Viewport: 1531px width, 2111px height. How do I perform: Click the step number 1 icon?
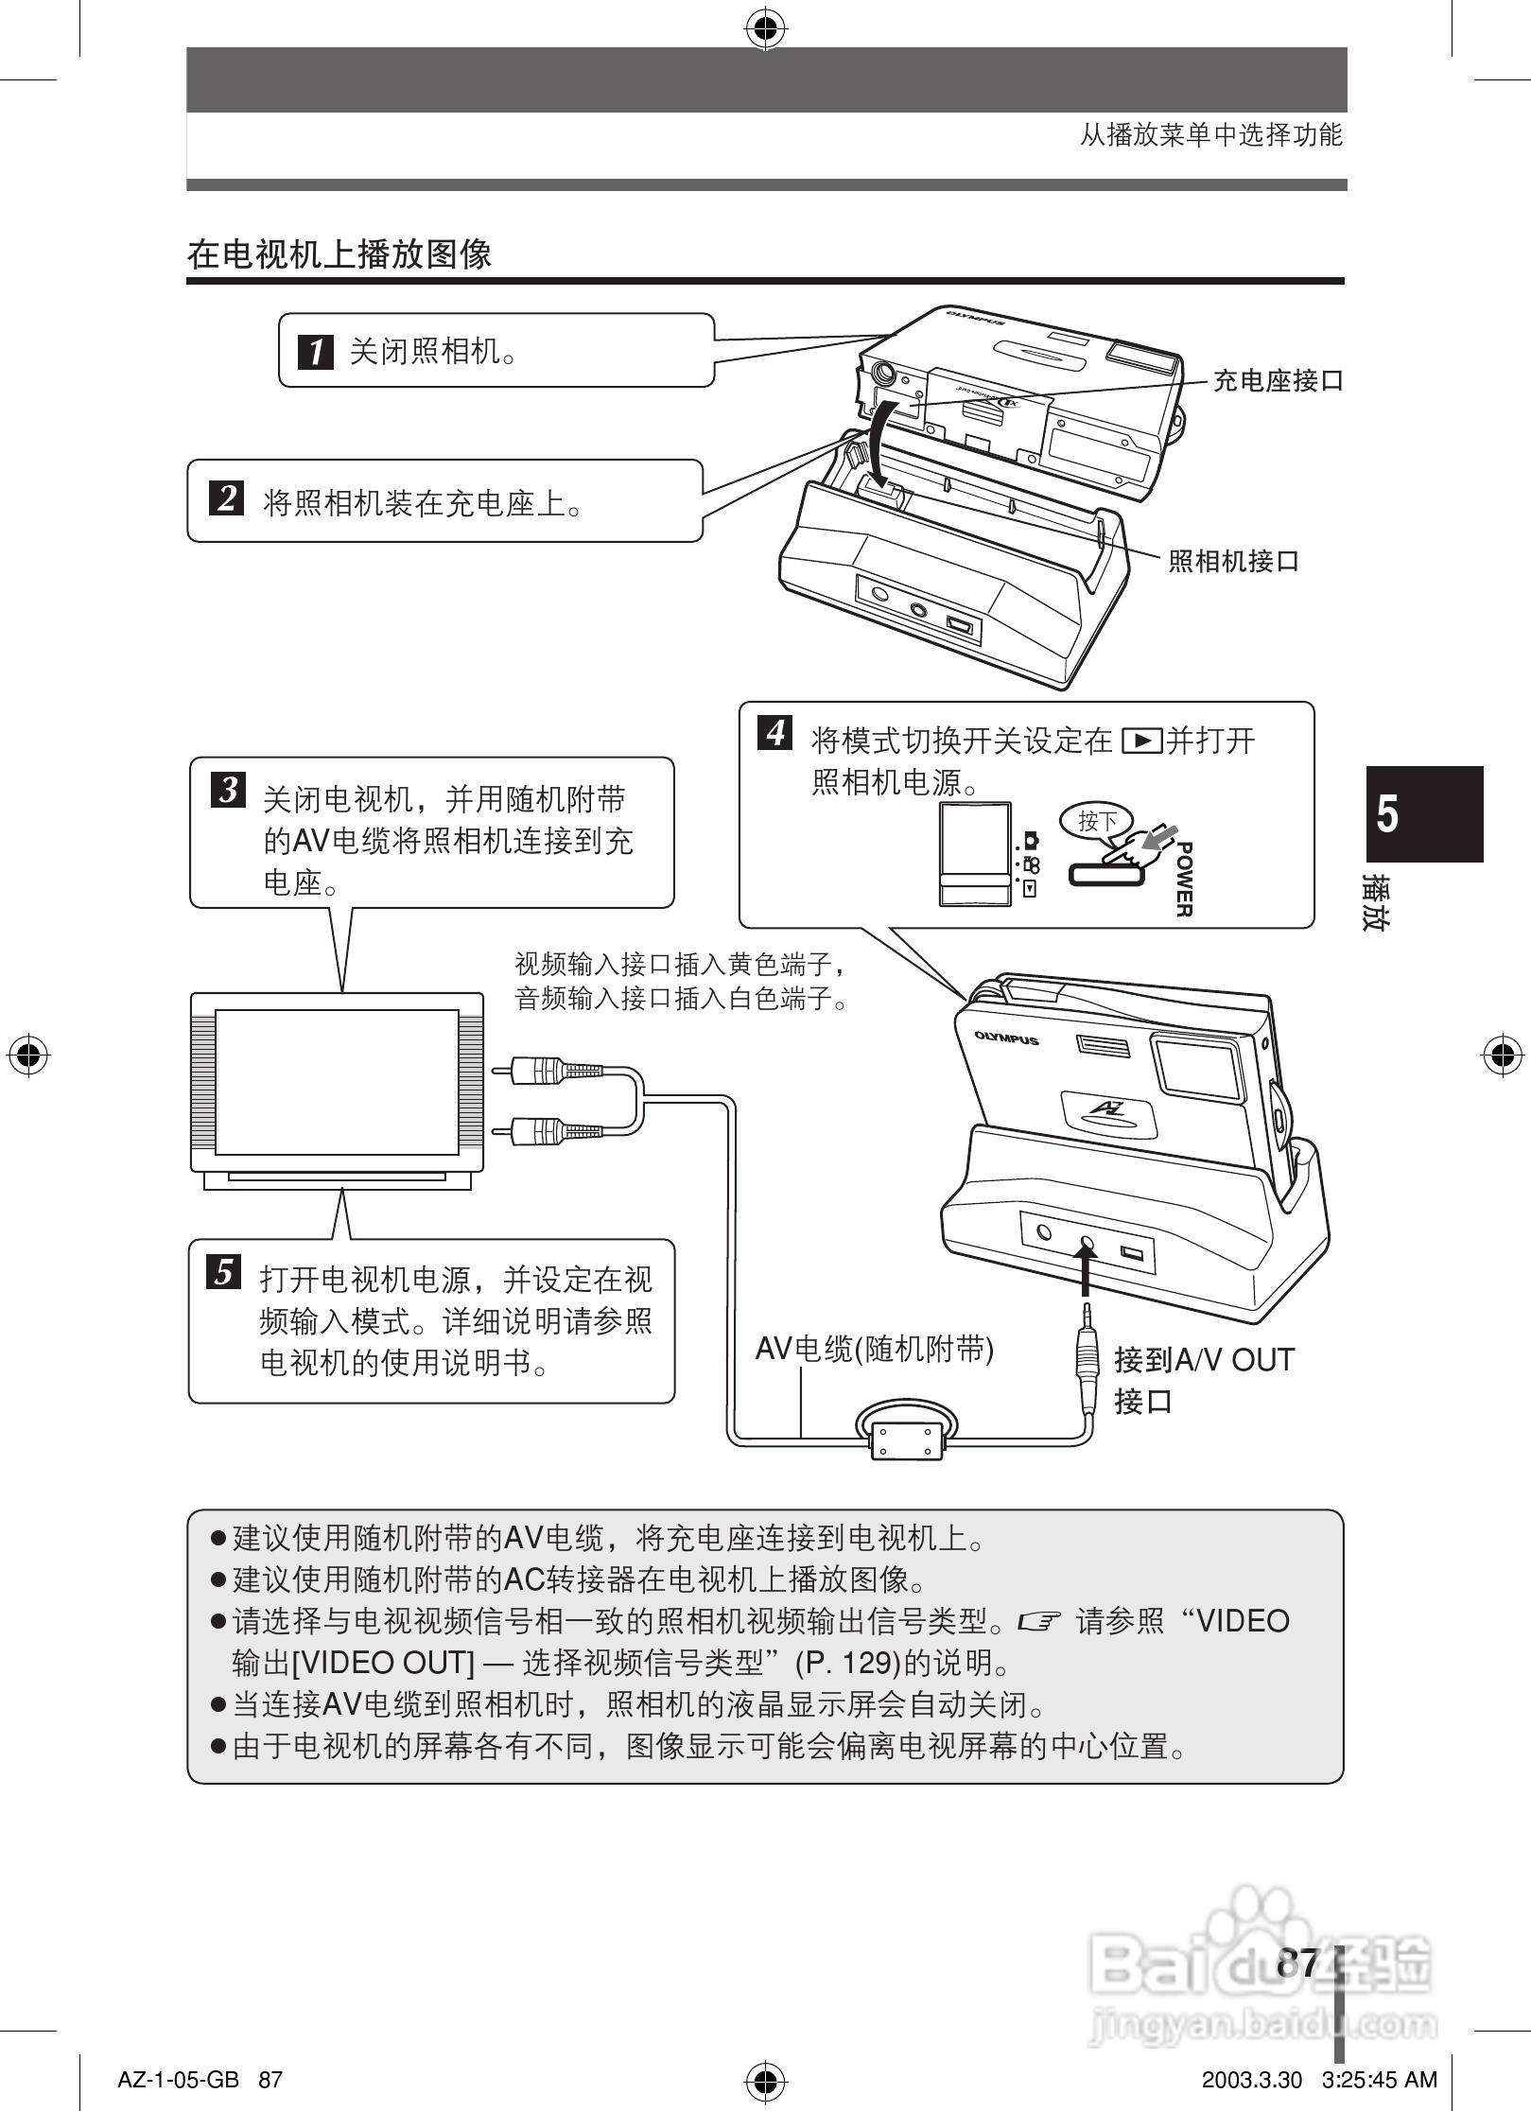point(316,352)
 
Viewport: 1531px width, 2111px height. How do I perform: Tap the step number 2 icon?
point(226,497)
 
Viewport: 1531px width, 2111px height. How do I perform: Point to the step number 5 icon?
point(224,1272)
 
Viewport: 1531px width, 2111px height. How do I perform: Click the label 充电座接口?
point(1278,381)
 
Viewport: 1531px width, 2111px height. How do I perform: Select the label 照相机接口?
point(1233,561)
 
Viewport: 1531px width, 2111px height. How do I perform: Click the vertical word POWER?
point(1183,879)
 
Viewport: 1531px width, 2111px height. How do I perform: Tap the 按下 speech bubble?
point(1097,821)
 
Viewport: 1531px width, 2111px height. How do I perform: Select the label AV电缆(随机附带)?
point(874,1349)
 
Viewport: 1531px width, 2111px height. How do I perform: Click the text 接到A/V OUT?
point(1203,1360)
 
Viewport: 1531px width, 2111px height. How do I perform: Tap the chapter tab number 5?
point(1387,814)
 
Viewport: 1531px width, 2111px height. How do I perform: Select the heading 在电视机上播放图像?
point(339,253)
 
